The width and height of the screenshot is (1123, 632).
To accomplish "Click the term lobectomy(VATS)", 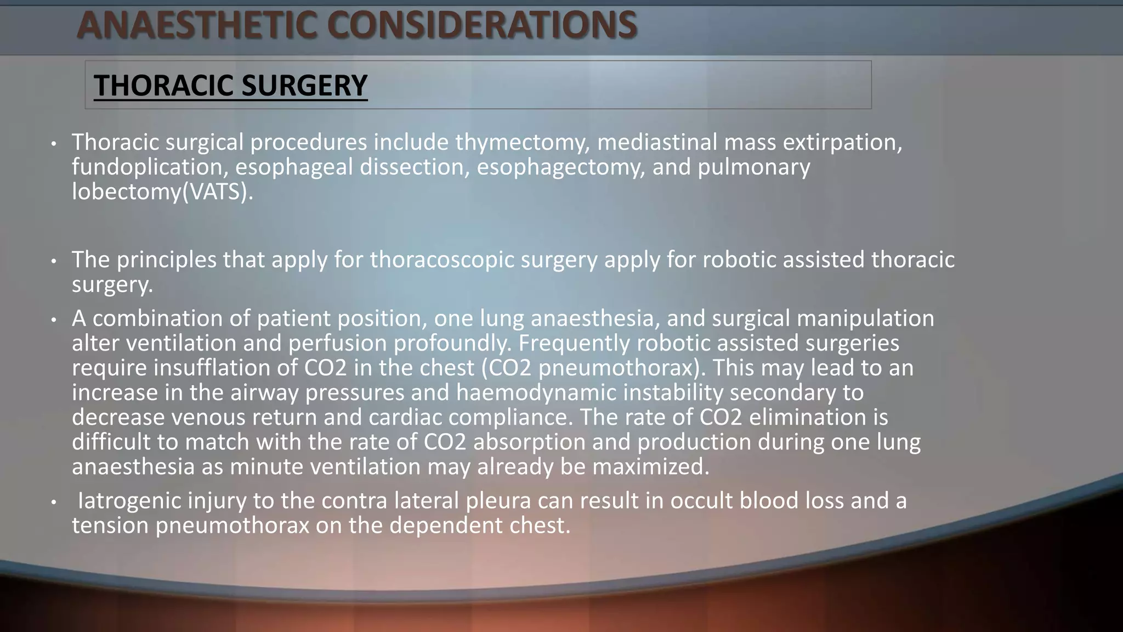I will click(x=163, y=192).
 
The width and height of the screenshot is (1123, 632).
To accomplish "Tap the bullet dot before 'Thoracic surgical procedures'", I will click(x=53, y=144).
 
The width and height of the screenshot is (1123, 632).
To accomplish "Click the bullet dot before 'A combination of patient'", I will click(x=53, y=320).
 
